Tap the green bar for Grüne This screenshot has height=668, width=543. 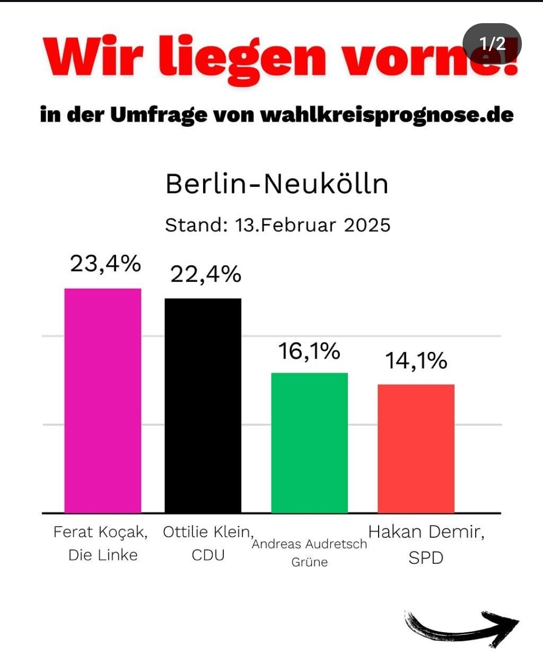tap(309, 442)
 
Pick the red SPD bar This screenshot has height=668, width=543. tap(416, 448)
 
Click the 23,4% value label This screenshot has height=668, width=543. tap(105, 264)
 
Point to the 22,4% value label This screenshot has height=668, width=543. tap(206, 274)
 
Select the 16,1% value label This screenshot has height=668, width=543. tap(309, 351)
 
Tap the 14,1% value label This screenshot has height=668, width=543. tap(416, 361)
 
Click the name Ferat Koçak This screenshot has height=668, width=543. tap(101, 532)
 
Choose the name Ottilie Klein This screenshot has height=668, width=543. tap(208, 532)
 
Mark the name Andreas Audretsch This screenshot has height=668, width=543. tap(309, 544)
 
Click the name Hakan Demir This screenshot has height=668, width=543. tap(426, 532)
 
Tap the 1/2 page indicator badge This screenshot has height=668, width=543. tap(492, 44)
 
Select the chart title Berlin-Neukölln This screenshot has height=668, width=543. tap(277, 184)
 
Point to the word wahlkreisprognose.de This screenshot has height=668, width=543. tap(387, 115)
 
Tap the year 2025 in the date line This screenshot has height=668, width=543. tap(367, 225)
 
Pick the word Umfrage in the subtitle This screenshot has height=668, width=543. tap(158, 115)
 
